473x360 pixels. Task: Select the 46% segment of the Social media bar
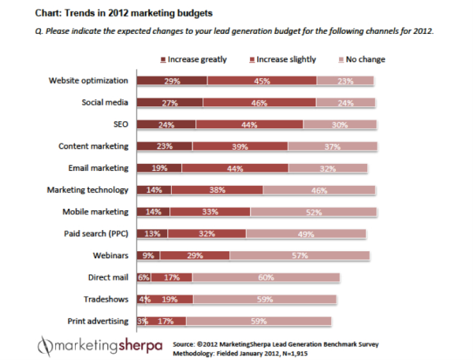coord(259,102)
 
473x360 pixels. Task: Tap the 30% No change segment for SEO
coord(340,124)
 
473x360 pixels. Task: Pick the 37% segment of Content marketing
coord(332,147)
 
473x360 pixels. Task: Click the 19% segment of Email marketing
coord(159,168)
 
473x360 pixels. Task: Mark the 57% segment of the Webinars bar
coord(300,255)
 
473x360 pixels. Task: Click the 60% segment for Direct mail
coord(266,277)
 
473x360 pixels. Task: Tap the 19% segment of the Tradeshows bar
coord(169,299)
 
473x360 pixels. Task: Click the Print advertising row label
coord(96,321)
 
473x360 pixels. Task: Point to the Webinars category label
coord(110,255)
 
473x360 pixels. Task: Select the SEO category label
coord(120,124)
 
